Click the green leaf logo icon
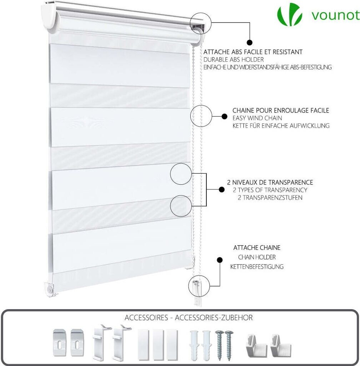coord(290,14)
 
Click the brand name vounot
coord(335,15)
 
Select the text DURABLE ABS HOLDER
coord(234,60)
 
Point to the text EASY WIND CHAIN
coord(257,118)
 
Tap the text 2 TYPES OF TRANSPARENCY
coord(270,190)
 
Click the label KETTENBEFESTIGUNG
coord(257,267)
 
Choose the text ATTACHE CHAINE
coord(257,247)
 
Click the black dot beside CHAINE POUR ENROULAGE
coord(225,117)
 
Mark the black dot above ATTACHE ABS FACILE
coord(250,43)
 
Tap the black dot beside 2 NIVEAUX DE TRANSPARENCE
coord(221,189)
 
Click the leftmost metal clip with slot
coord(60,342)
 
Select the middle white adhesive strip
coord(158,345)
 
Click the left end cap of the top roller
coord(49,16)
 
